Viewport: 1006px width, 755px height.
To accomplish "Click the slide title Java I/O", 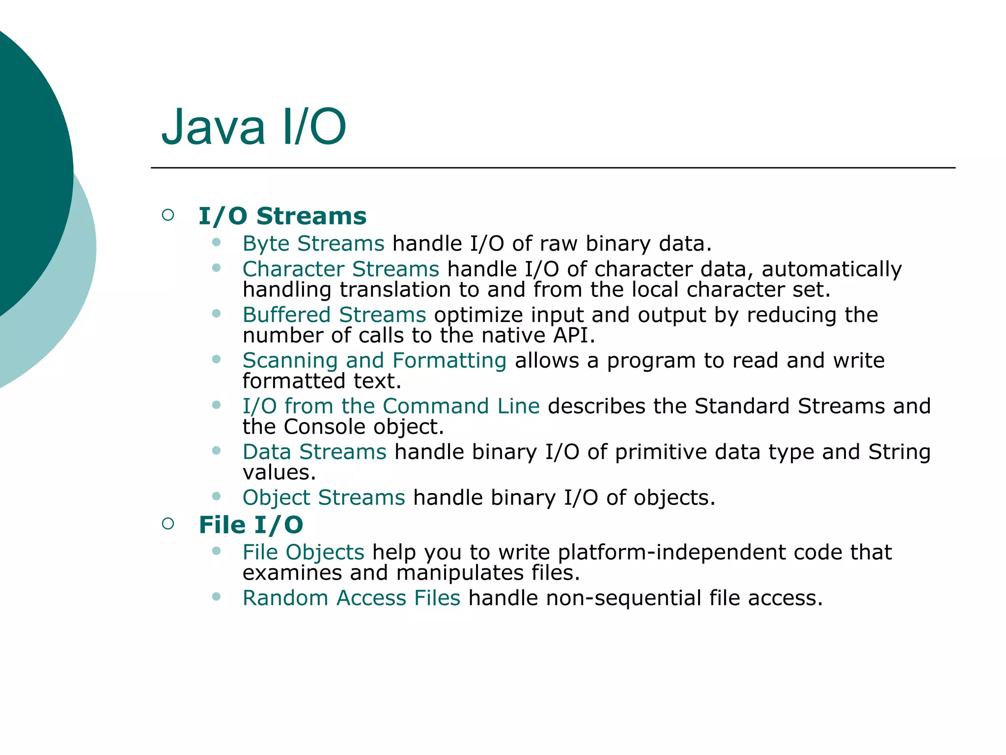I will point(253,127).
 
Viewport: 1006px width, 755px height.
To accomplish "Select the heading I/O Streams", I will point(282,216).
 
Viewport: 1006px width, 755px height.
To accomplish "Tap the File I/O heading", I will point(251,525).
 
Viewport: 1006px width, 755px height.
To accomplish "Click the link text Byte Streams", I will point(313,244).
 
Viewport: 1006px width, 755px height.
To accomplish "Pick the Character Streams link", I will point(341,269).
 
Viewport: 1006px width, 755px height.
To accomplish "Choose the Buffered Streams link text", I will point(334,315).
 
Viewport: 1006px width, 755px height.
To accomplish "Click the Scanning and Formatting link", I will point(374,361).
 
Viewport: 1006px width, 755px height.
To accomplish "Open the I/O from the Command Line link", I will point(391,407).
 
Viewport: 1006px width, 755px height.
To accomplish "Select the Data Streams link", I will point(314,452).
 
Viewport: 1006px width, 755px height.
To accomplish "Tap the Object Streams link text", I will point(324,498).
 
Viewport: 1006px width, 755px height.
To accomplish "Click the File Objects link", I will point(303,552).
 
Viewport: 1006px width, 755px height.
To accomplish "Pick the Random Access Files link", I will point(351,598).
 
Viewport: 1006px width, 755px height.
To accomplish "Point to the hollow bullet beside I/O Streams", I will point(168,215).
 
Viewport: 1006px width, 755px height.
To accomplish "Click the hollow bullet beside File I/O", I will point(168,523).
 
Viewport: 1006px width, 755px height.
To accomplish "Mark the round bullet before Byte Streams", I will point(216,242).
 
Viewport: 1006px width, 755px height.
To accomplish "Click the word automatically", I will point(832,269).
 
